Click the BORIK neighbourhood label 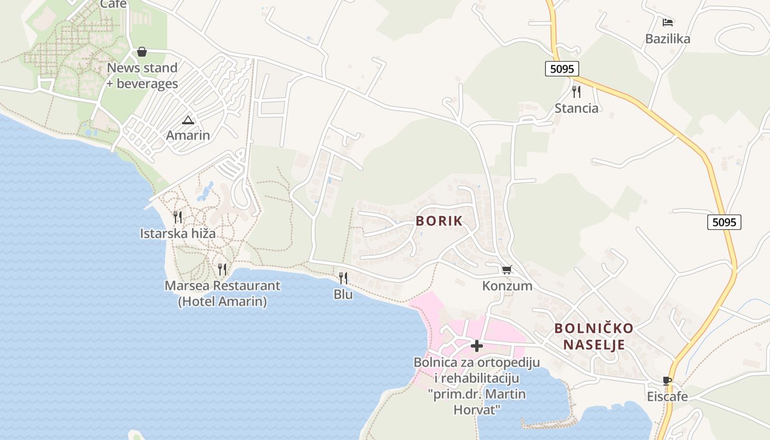[439, 221]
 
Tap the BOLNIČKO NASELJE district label [593, 337]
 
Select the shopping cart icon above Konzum [507, 269]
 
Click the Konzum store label [507, 286]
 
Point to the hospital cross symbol [477, 346]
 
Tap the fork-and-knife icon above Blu [343, 278]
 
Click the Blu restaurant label [343, 295]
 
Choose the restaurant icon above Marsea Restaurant [222, 269]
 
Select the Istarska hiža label [178, 234]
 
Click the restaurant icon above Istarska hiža [178, 217]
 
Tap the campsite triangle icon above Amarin [188, 120]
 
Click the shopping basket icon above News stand [142, 52]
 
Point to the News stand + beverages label [142, 76]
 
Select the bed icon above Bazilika [668, 23]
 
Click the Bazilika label [668, 39]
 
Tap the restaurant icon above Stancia [576, 91]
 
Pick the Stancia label [576, 108]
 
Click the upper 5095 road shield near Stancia [562, 69]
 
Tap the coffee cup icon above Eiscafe [667, 381]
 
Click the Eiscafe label [667, 397]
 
